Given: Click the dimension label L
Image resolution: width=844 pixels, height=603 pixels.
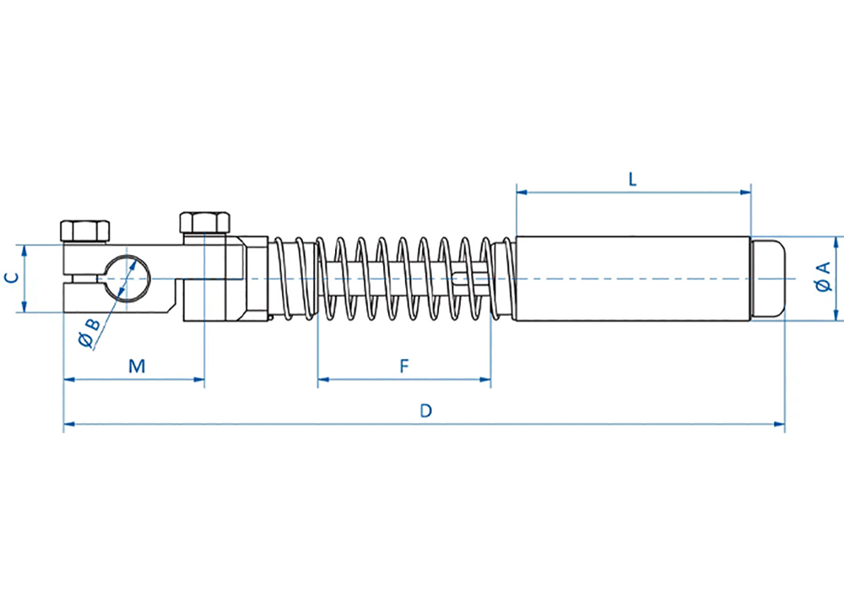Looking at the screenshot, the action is click(x=632, y=179).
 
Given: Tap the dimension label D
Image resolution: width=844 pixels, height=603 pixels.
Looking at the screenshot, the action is click(x=425, y=410).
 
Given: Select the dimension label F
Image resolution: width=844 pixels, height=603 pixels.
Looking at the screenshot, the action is click(x=404, y=367).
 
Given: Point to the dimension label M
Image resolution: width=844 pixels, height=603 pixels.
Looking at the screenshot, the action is click(x=137, y=367).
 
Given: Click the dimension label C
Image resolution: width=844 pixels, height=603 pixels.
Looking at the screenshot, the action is click(x=12, y=278).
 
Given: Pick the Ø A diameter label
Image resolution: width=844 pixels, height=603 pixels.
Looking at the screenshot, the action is click(x=824, y=277).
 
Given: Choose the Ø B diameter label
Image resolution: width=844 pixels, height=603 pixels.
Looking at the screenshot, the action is click(x=89, y=333).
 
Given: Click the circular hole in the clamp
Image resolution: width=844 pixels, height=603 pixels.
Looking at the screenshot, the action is click(x=127, y=279).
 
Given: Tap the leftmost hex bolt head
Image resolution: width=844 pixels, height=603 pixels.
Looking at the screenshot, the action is click(x=85, y=231).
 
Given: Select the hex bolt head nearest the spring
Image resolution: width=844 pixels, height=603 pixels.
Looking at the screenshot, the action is click(x=204, y=223).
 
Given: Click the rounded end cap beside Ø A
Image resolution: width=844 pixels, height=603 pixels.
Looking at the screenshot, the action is click(x=767, y=279).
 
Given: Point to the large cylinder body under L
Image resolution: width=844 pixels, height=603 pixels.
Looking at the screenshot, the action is click(x=633, y=279).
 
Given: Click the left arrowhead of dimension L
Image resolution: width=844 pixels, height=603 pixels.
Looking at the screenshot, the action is click(x=522, y=192).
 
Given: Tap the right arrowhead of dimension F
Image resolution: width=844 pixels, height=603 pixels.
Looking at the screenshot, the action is click(x=485, y=379).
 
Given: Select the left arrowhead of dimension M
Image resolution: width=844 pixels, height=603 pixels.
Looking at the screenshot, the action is click(x=69, y=379).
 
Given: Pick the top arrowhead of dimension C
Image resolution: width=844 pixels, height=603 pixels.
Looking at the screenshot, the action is click(x=24, y=250).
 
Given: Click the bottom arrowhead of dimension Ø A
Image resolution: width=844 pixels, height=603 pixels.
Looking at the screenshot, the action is click(x=836, y=316).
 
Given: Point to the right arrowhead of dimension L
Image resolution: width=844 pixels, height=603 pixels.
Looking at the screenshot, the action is click(x=745, y=192).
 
